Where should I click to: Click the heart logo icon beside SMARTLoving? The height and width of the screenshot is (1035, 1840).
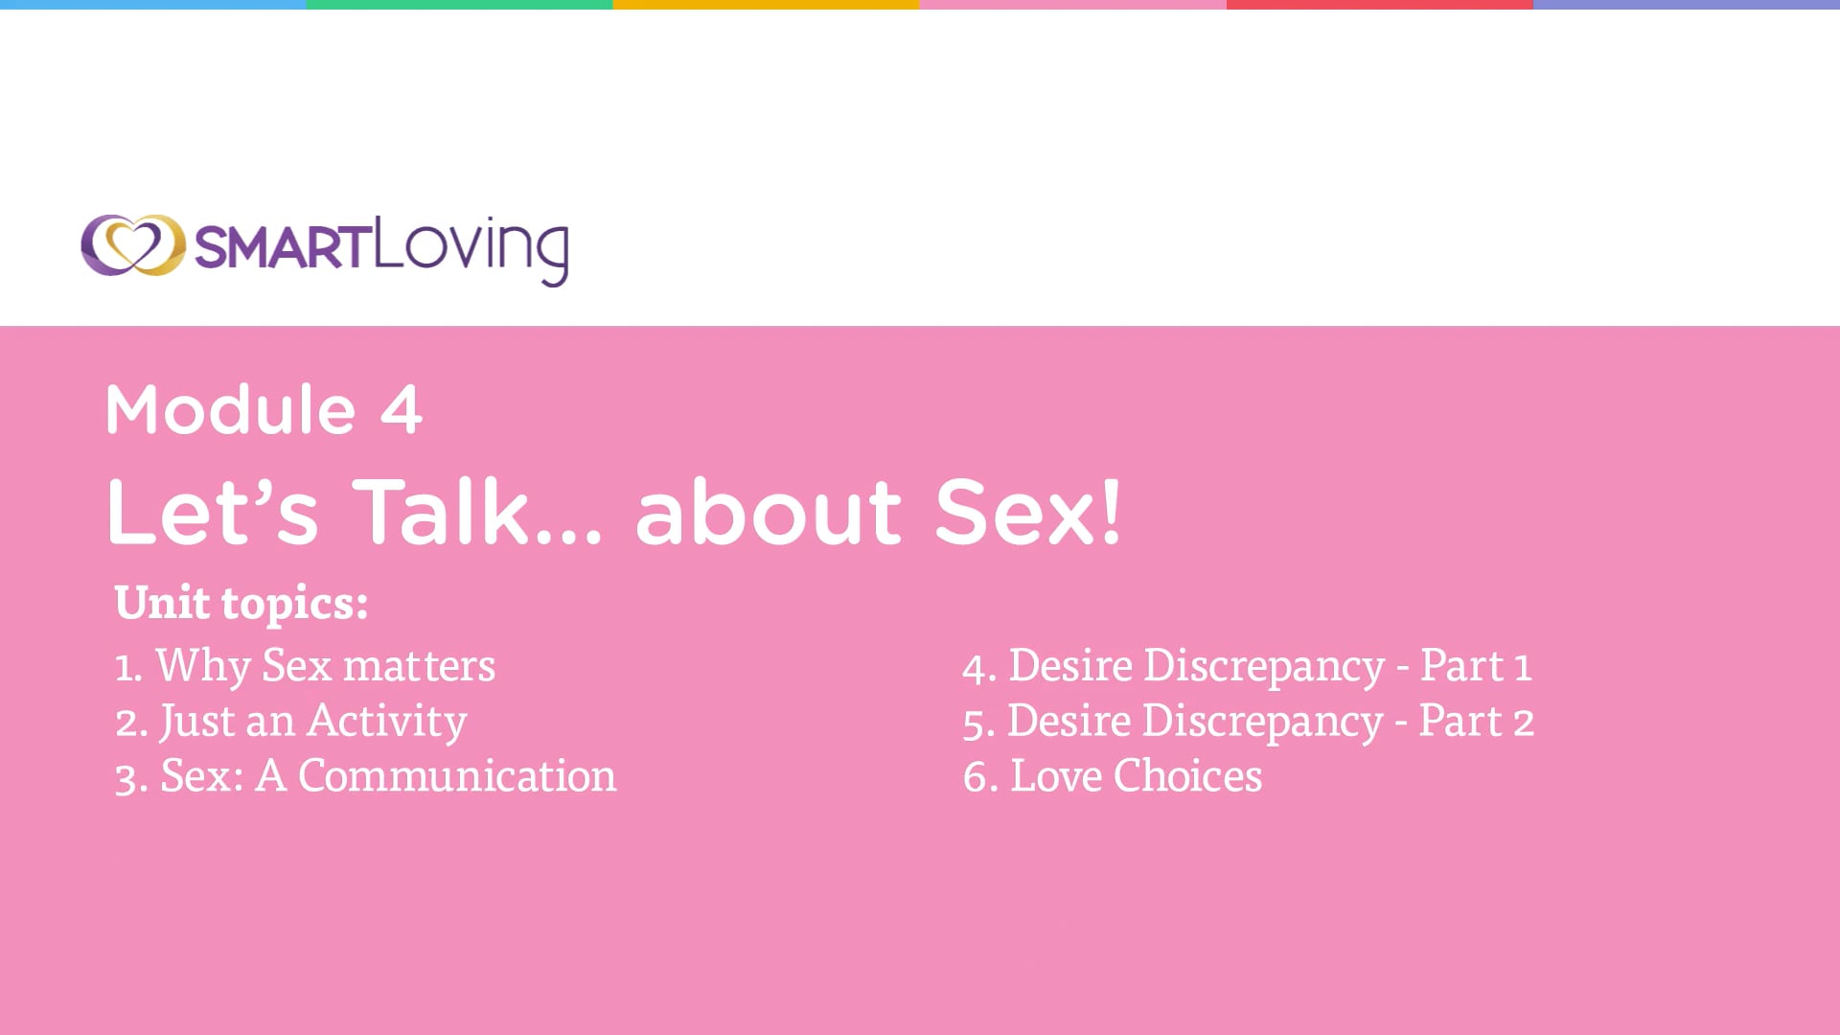click(x=132, y=245)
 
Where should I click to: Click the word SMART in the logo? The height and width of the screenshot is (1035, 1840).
click(x=283, y=247)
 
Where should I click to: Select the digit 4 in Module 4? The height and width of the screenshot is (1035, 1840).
click(x=401, y=410)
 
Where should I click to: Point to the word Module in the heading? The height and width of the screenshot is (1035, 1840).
click(x=231, y=409)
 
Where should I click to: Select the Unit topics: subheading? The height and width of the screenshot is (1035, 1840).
click(x=241, y=603)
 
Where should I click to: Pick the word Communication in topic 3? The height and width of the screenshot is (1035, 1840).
click(x=457, y=775)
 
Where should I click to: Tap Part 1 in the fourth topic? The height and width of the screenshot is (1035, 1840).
click(x=1475, y=665)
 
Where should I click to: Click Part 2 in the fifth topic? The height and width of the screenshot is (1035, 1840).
click(x=1476, y=720)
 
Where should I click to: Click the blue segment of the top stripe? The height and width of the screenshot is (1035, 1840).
click(x=153, y=5)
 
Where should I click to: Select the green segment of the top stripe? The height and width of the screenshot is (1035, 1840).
click(x=460, y=5)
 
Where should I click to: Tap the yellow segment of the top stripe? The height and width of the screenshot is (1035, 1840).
click(x=767, y=5)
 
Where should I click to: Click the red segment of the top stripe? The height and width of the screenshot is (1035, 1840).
click(x=1380, y=5)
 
